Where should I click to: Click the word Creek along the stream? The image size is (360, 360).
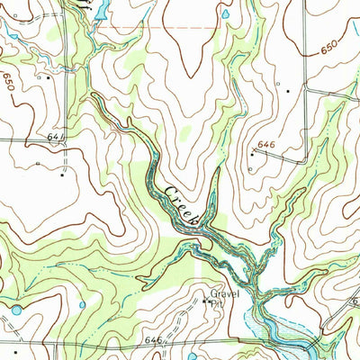click(182, 203)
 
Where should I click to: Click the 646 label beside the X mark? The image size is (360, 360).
click(265, 143)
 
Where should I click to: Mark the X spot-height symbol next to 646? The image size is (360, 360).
click(253, 154)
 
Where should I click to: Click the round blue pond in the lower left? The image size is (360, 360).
click(16, 310)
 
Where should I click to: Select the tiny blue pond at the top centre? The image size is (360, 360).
click(226, 14)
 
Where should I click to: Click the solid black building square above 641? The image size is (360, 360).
click(47, 77)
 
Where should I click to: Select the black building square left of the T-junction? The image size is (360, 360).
click(287, 90)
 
